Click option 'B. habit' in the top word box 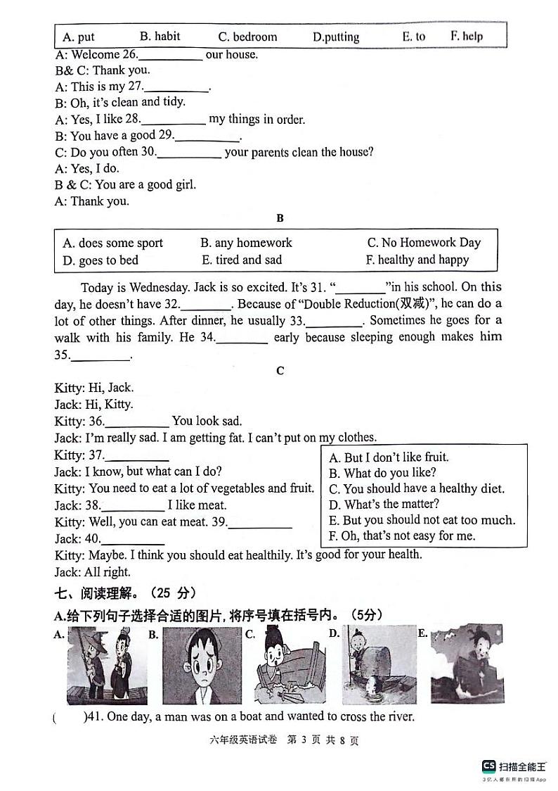160,37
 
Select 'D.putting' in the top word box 335,37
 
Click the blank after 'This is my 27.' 176,87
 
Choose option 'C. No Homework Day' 424,243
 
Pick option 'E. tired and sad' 241,260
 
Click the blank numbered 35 101,356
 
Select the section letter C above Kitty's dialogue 280,371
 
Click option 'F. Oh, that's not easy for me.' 402,536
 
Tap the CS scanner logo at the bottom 488,766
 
